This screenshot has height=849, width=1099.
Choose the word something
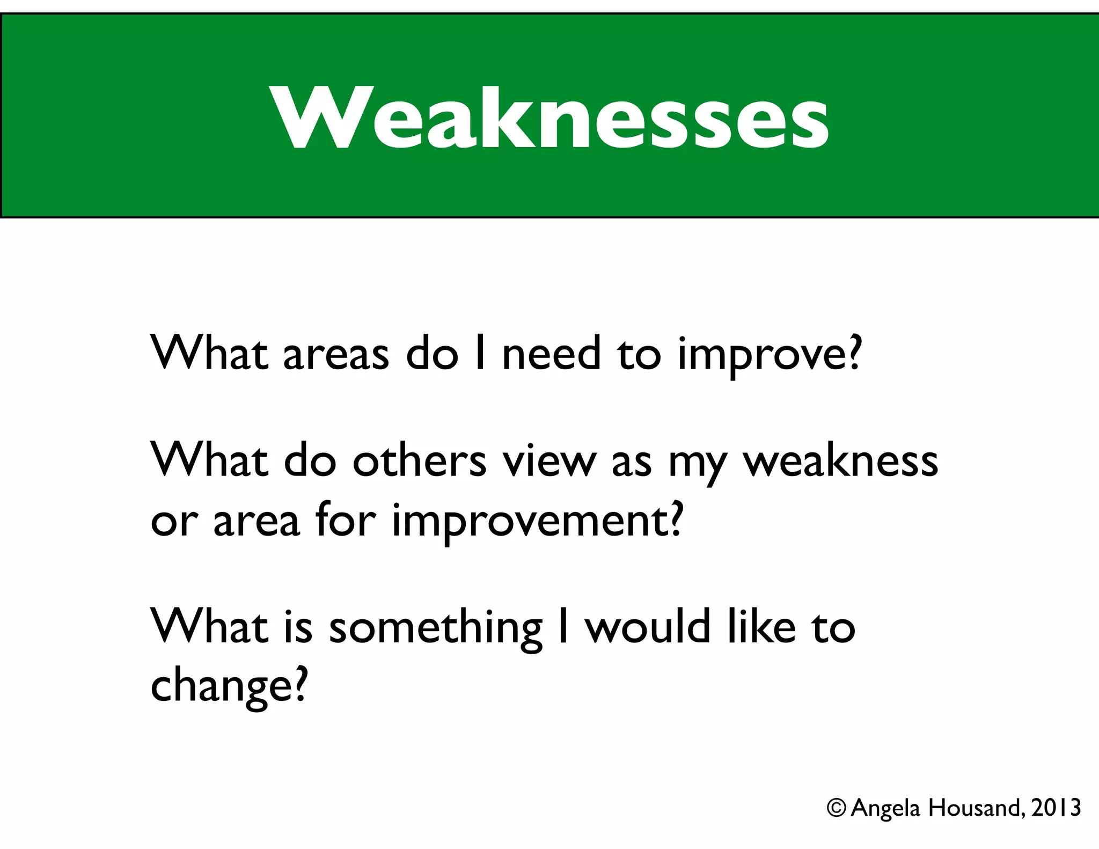tap(435, 629)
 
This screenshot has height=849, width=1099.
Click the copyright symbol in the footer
tap(836, 808)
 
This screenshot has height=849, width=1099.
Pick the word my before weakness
tap(697, 464)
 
